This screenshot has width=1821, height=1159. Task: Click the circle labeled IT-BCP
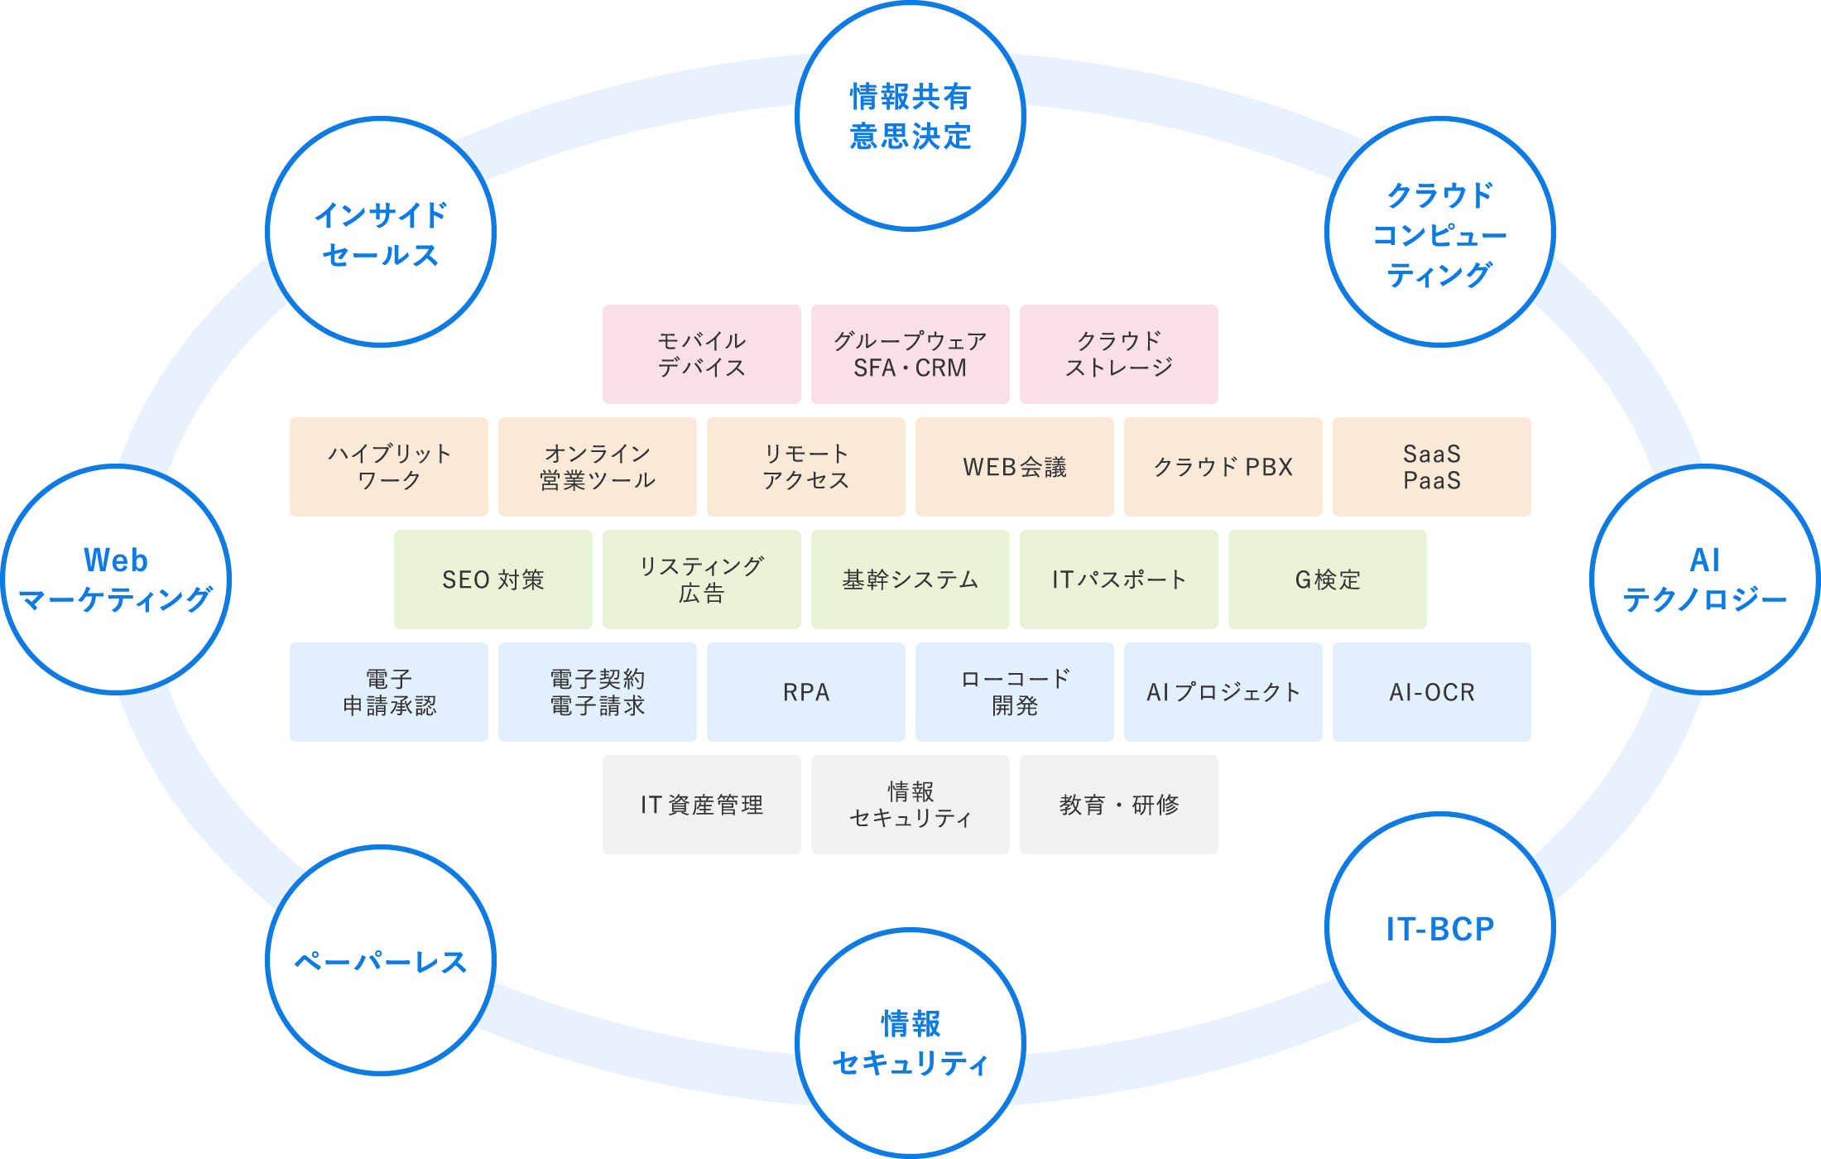(x=1440, y=927)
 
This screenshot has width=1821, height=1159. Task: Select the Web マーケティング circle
(x=116, y=579)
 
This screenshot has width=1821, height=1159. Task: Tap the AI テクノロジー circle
(x=1705, y=579)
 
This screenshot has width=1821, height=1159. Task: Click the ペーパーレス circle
(x=381, y=960)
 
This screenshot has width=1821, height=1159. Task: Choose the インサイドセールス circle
(x=381, y=233)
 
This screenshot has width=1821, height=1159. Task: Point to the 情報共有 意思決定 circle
(x=910, y=116)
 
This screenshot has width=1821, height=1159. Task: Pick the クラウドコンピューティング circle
(x=1440, y=233)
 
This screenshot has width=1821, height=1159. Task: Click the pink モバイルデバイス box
(x=702, y=354)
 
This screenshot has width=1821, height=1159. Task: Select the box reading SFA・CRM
(x=910, y=354)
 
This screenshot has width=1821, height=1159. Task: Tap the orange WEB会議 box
(x=1015, y=467)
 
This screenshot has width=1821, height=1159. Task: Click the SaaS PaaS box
(x=1432, y=467)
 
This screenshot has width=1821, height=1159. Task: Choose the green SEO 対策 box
(x=493, y=579)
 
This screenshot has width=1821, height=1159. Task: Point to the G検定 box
(x=1328, y=579)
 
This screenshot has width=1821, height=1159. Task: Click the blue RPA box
(x=806, y=692)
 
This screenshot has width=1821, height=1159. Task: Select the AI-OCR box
(x=1432, y=692)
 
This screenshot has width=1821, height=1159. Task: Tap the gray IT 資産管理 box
(x=702, y=805)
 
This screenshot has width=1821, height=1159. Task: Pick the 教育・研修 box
(x=1119, y=805)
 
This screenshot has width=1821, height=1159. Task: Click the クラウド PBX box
(x=1223, y=467)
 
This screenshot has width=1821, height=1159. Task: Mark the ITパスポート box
(x=1119, y=579)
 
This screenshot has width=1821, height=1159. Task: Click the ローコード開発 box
(x=1015, y=692)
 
